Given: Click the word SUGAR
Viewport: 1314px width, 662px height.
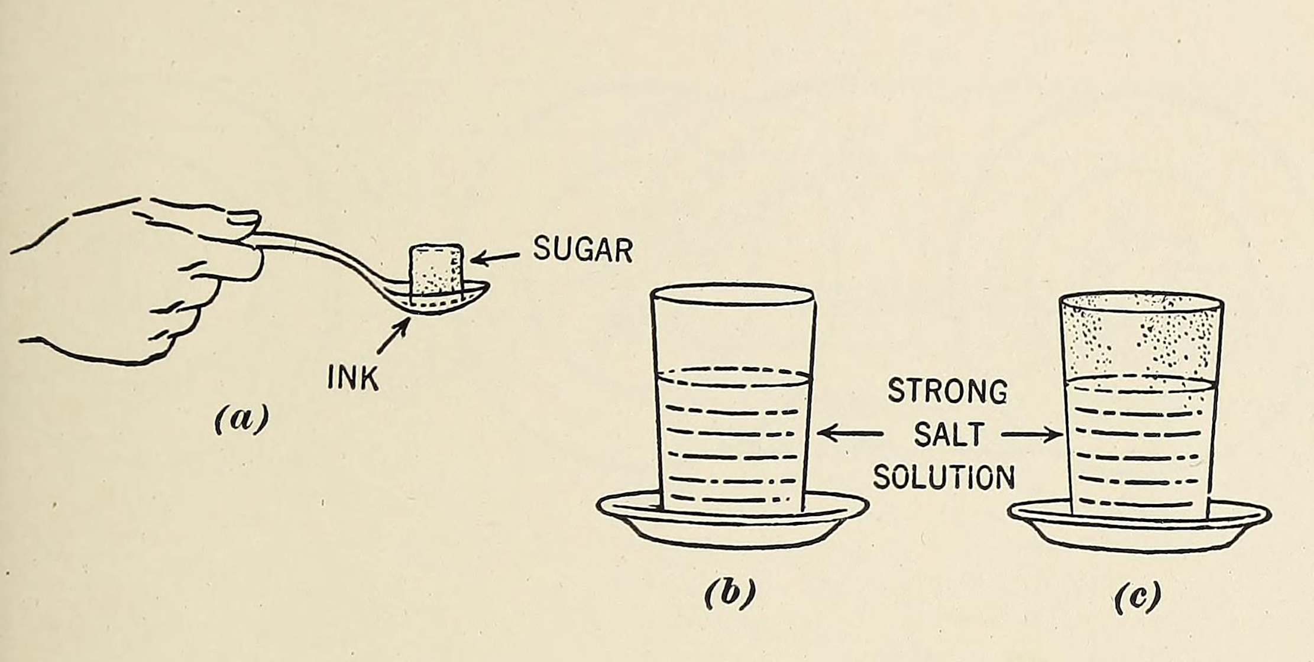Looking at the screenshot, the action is click(x=582, y=249).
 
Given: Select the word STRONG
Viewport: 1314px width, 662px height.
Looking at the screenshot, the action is click(x=947, y=391).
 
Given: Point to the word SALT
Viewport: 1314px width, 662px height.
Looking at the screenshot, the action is click(x=949, y=434).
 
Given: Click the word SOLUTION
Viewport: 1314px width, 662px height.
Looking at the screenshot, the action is click(x=944, y=477).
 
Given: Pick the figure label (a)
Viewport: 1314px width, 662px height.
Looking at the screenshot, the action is click(x=241, y=418).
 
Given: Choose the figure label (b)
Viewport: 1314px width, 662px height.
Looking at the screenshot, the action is click(x=730, y=593).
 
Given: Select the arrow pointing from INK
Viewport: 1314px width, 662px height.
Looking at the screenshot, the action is click(x=393, y=336).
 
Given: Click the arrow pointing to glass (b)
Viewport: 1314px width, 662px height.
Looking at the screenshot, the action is click(x=850, y=433).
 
